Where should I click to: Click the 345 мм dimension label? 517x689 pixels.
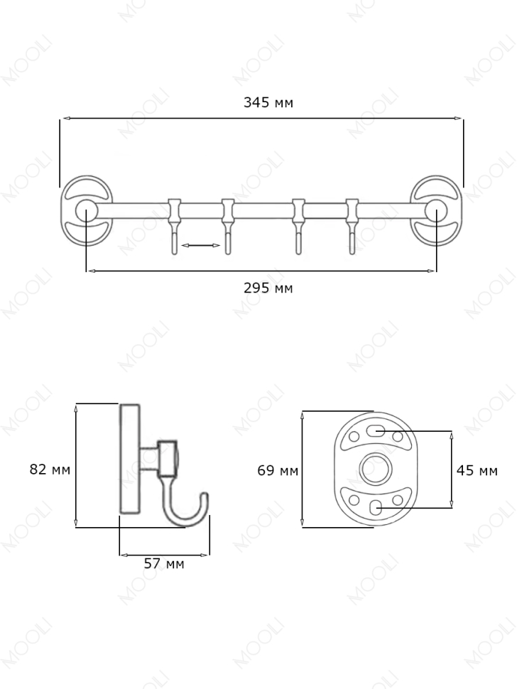pos(268,102)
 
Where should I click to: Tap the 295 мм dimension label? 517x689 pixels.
pos(268,288)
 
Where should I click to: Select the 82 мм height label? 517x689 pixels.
pos(50,470)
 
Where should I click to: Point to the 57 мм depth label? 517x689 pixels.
pos(164,563)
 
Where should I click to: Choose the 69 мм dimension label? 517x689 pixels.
pos(278,471)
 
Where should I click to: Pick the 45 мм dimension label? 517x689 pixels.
pos(477,471)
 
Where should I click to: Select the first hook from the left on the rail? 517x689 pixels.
pos(174,227)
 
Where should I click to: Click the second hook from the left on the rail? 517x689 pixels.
pos(227,227)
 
